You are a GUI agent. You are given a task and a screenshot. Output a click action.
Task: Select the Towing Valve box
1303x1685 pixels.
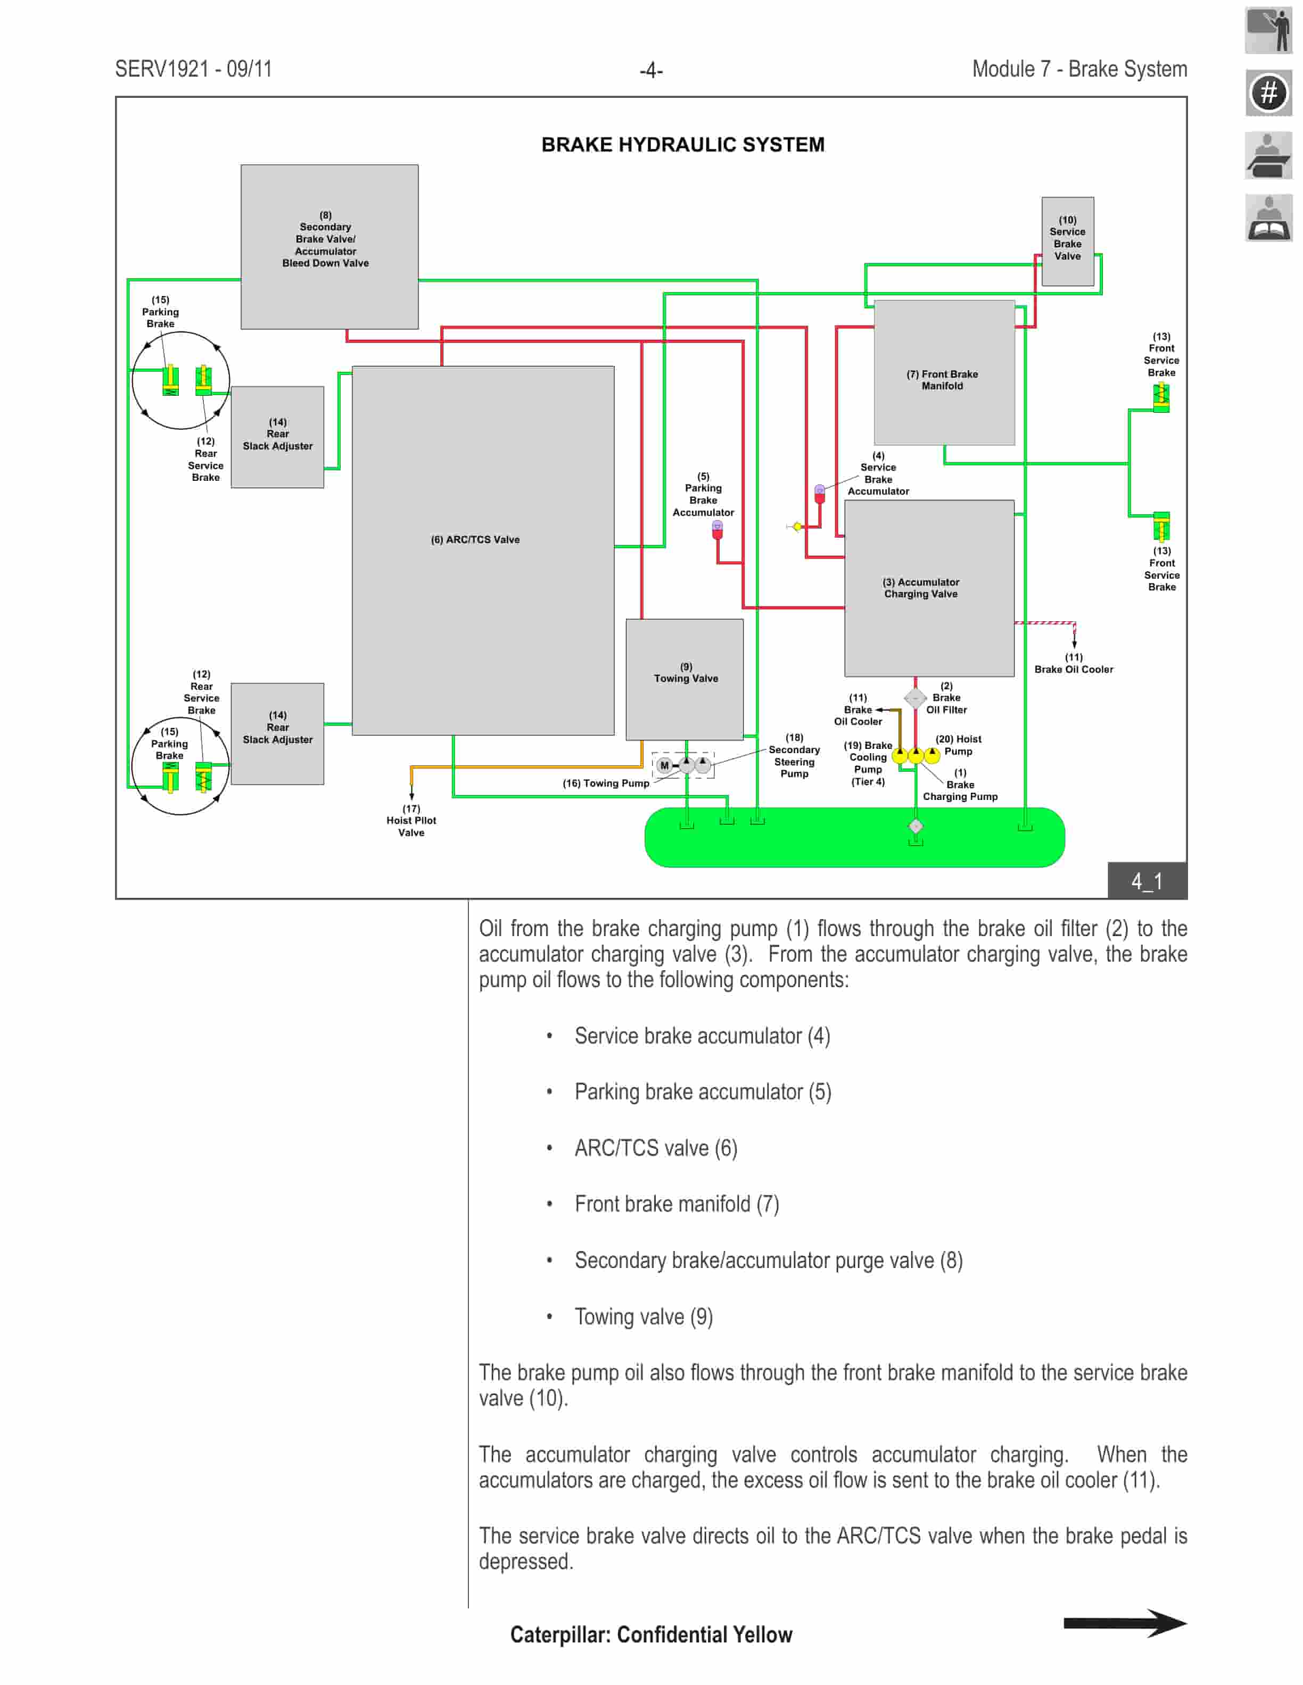tap(684, 679)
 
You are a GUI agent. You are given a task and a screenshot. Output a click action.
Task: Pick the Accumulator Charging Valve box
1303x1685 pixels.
tap(929, 588)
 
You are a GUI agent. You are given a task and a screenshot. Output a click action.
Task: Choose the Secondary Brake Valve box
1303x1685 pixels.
tap(329, 246)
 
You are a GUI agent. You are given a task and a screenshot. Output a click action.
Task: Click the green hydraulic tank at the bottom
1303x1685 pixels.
tap(854, 837)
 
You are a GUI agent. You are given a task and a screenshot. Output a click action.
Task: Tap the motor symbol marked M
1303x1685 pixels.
tap(664, 765)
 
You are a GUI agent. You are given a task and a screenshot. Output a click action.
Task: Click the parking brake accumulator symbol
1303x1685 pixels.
tap(717, 529)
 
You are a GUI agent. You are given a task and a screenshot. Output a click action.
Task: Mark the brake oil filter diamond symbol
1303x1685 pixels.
tap(915, 698)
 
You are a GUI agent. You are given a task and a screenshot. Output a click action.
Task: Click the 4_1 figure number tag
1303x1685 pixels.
tap(1147, 880)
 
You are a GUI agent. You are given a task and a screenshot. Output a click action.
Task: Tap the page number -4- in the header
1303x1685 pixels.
tap(651, 70)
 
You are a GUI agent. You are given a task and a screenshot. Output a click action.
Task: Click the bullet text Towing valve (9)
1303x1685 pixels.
tap(643, 1316)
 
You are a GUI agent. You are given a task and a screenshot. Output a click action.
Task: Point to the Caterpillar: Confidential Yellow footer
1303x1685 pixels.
tap(651, 1634)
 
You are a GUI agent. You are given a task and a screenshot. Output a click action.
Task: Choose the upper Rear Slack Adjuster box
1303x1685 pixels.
tap(277, 437)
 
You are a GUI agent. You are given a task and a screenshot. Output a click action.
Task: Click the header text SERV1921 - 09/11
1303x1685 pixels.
tap(193, 69)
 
